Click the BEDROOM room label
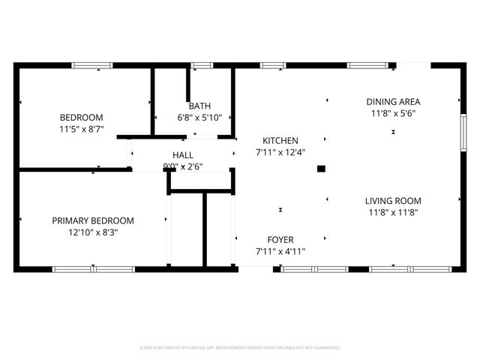(82, 118)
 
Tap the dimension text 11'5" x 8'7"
(82, 129)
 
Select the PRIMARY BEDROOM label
(93, 220)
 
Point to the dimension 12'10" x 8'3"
(93, 232)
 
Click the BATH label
(199, 106)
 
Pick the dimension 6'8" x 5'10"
(199, 118)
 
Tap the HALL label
(183, 154)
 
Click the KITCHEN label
(280, 140)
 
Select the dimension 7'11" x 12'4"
(280, 152)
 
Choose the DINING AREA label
(393, 101)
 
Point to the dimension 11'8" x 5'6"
(393, 113)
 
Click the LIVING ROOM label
(393, 200)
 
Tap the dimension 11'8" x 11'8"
(393, 212)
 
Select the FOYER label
(280, 240)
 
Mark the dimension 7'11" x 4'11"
(280, 252)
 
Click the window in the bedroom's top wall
(93, 66)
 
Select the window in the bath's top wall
(202, 66)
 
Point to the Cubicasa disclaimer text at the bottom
(240, 348)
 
